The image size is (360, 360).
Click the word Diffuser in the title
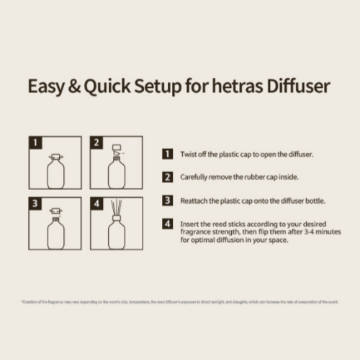click(x=294, y=86)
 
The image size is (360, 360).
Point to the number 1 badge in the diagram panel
click(x=35, y=142)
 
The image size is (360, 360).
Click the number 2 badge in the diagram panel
click(x=96, y=142)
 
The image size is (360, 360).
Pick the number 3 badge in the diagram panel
click(x=35, y=202)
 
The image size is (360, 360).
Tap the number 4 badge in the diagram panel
click(x=96, y=202)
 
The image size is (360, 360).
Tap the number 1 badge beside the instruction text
click(x=167, y=154)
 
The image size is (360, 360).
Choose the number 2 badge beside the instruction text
click(x=167, y=176)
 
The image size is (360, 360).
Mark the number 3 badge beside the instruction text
click(x=167, y=200)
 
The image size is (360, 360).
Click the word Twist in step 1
click(x=188, y=154)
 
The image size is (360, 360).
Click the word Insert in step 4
click(x=189, y=224)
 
